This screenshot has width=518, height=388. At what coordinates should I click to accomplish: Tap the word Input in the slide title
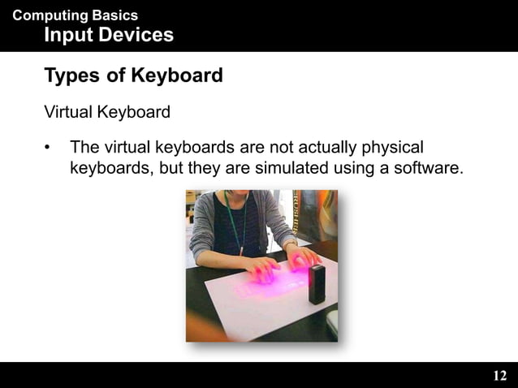67,35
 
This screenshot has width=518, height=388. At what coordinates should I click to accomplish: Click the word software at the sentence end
430,168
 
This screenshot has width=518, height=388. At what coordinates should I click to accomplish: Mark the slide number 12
499,375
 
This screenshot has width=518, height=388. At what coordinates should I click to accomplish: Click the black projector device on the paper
317,284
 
